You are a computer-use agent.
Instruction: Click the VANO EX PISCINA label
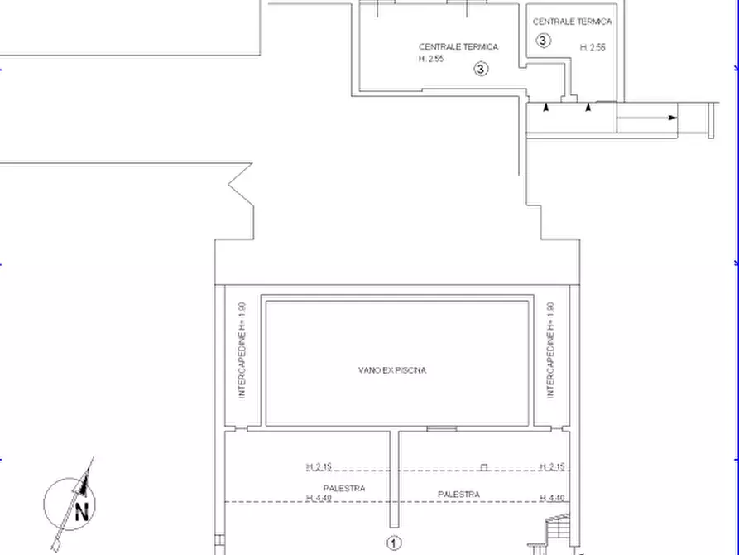click(x=392, y=370)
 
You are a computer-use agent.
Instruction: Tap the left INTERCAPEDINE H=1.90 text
click(x=242, y=350)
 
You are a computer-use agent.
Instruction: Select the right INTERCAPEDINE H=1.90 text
click(x=550, y=350)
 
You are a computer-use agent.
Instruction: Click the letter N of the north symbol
click(x=82, y=512)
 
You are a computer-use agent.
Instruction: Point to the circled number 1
click(x=394, y=543)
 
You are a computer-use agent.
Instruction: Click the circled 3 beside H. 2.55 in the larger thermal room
click(x=481, y=69)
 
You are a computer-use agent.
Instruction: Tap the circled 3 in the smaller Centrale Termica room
click(x=543, y=41)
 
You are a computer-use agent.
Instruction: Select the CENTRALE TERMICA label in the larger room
click(x=458, y=46)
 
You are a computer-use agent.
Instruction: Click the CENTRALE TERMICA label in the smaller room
click(x=572, y=22)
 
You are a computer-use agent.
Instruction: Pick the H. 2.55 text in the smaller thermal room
click(x=593, y=47)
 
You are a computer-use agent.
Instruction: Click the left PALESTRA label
click(x=344, y=488)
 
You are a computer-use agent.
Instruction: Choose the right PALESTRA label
click(x=458, y=495)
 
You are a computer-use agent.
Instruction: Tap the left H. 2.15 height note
click(x=319, y=466)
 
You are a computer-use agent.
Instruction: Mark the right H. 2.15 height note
click(x=552, y=466)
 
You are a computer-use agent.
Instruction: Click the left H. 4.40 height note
click(x=319, y=498)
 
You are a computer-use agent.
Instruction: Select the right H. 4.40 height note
click(x=552, y=498)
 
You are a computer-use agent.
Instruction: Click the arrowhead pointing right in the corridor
click(x=673, y=118)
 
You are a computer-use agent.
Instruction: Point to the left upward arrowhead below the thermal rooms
click(x=545, y=107)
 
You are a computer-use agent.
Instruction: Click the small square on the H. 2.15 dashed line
click(x=483, y=467)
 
